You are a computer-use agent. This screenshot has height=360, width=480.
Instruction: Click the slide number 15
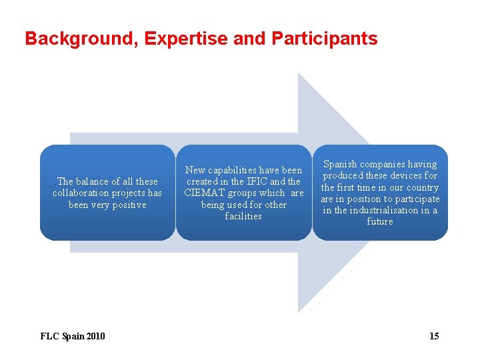click(x=434, y=336)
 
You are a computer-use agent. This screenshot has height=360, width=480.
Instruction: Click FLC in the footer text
click(x=50, y=336)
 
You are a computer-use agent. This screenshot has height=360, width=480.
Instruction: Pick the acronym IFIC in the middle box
click(x=255, y=181)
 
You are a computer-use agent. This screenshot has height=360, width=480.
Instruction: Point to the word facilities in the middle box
click(x=243, y=217)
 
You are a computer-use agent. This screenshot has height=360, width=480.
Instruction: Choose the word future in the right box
click(x=380, y=221)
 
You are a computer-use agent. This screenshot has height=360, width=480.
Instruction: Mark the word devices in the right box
click(x=402, y=175)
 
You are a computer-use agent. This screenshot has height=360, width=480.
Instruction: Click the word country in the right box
click(x=422, y=187)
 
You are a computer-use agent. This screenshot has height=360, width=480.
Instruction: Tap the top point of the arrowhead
click(x=299, y=74)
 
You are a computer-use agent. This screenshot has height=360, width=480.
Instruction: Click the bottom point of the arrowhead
click(x=299, y=311)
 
